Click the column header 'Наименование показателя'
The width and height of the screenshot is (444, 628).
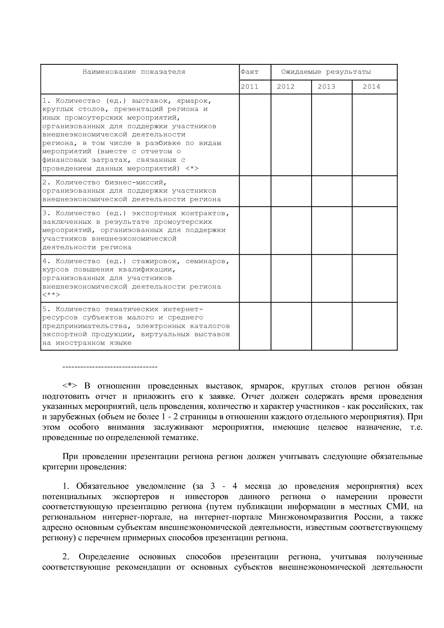pyautogui.click(x=134, y=72)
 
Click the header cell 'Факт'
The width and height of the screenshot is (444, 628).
pyautogui.click(x=250, y=72)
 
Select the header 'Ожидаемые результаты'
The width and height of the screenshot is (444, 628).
pyautogui.click(x=326, y=72)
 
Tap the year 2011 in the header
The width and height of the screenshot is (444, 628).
pyautogui.click(x=250, y=87)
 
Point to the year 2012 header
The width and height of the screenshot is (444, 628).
pyautogui.click(x=286, y=87)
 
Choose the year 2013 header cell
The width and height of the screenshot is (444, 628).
pyautogui.click(x=327, y=87)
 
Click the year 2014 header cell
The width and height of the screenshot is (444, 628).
pyautogui.click(x=371, y=87)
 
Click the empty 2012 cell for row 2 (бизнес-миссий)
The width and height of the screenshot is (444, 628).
pyautogui.click(x=291, y=191)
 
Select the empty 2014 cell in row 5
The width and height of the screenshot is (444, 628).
pyautogui.click(x=375, y=326)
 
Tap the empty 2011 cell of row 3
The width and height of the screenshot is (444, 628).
pyautogui.click(x=255, y=230)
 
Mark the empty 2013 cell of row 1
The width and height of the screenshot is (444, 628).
pyautogui.click(x=332, y=135)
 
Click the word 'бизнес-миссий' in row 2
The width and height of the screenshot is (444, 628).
pyautogui.click(x=136, y=182)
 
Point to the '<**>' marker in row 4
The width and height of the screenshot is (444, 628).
pyautogui.click(x=51, y=295)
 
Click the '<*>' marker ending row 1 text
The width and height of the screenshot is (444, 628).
pyautogui.click(x=192, y=168)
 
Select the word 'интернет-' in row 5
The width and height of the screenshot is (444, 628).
pyautogui.click(x=183, y=309)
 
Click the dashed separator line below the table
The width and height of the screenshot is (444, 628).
pyautogui.click(x=110, y=367)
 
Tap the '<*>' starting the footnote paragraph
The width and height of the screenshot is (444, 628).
pyautogui.click(x=70, y=386)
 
